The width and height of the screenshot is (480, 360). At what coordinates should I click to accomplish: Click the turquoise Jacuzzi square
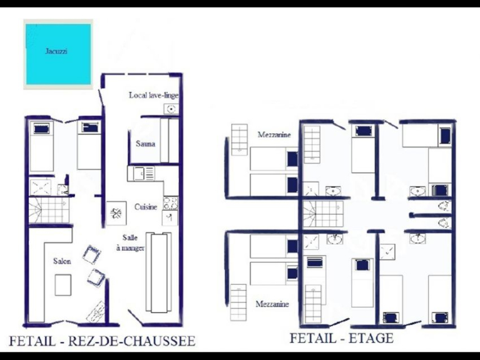[58, 54]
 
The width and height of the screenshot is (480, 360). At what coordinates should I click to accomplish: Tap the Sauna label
[145, 144]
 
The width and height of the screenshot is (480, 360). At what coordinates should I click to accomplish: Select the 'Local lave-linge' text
[154, 95]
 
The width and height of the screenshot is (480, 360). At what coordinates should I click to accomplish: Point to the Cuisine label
[146, 207]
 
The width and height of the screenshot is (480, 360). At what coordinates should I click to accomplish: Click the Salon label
[62, 261]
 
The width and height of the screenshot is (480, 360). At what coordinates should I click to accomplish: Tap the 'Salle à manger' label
[130, 243]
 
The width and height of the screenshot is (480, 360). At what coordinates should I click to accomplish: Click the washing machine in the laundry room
[171, 109]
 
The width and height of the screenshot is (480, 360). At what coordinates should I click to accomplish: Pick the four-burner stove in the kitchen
[170, 203]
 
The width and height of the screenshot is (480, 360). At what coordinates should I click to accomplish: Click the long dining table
[158, 272]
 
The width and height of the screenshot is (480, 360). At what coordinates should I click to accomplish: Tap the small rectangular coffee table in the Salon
[63, 285]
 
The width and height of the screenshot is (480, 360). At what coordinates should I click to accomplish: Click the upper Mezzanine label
[274, 135]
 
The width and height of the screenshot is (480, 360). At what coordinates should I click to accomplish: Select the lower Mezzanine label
[272, 304]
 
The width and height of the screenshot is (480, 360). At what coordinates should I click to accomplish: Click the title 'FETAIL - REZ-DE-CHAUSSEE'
[102, 341]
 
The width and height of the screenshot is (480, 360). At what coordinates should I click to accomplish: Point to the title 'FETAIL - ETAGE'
[342, 338]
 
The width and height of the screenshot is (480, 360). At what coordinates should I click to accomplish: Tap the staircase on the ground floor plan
[49, 210]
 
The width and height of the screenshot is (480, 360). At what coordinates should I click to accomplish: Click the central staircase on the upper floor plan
[323, 213]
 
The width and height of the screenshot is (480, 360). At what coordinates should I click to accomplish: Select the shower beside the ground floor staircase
[40, 187]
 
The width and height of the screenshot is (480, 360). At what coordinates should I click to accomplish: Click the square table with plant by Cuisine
[116, 213]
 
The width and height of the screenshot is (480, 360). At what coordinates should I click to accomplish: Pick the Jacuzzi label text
[56, 51]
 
